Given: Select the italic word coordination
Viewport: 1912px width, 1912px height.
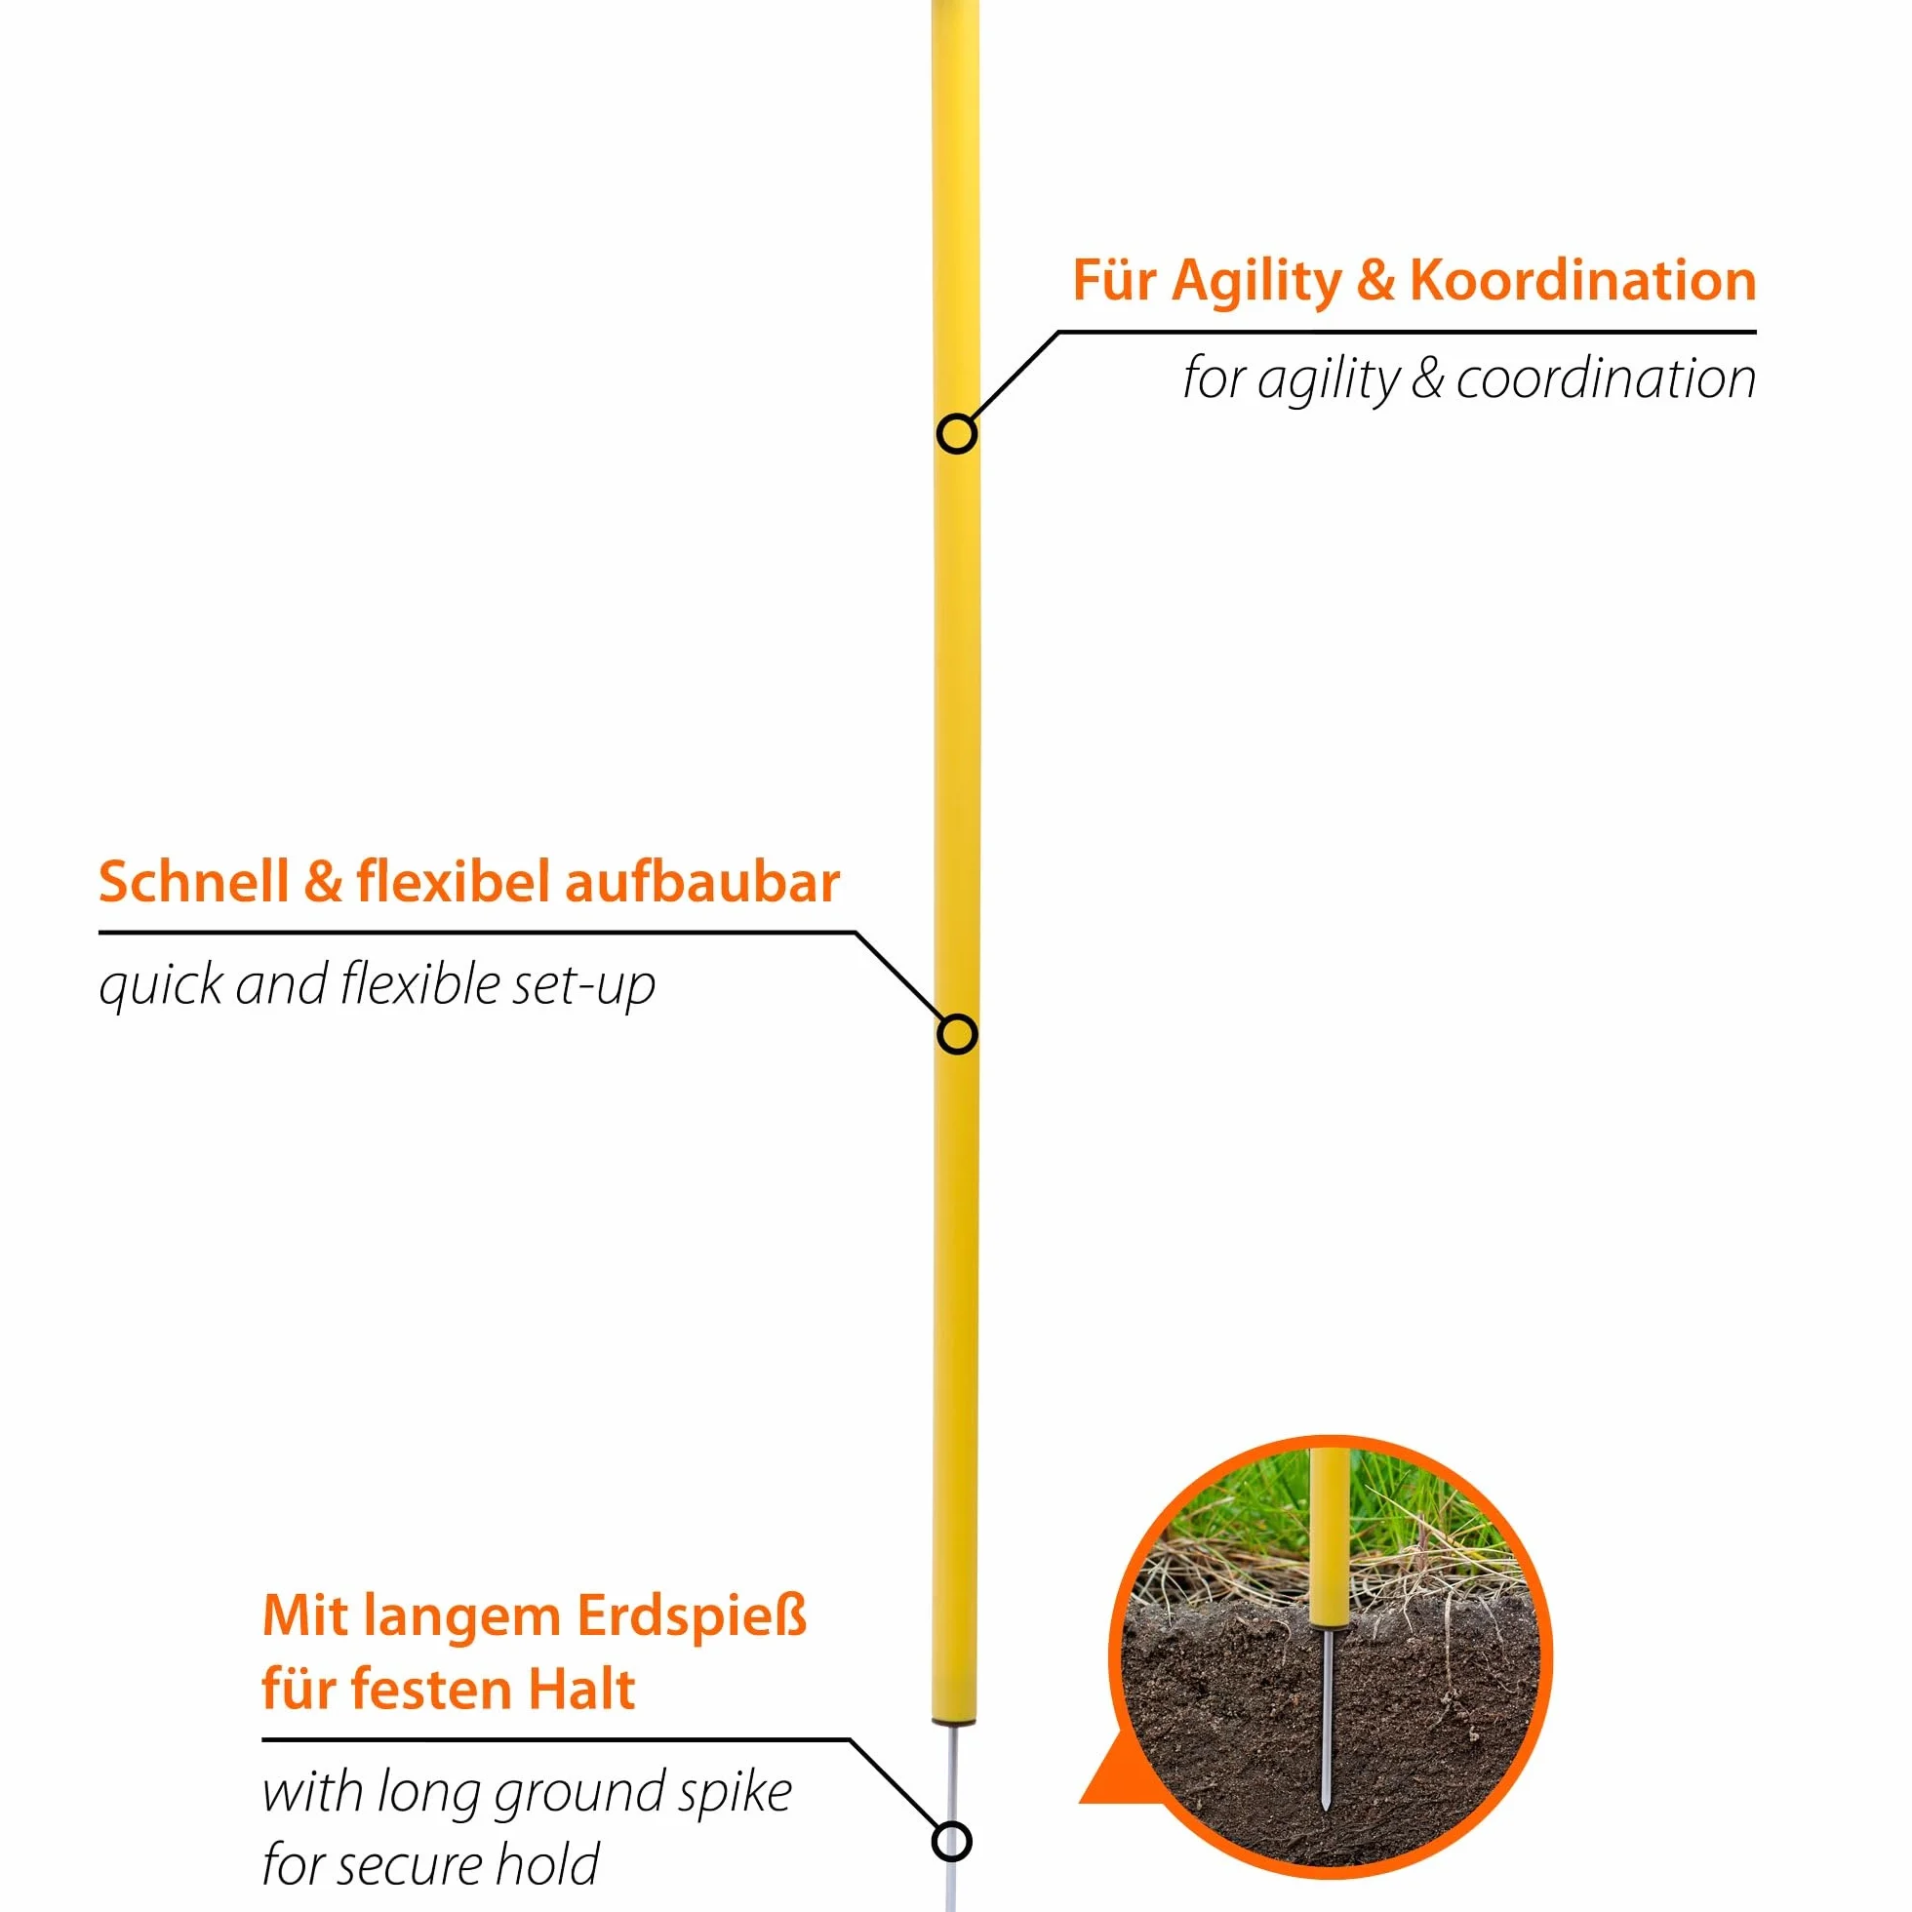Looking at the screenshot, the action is click(1606, 378).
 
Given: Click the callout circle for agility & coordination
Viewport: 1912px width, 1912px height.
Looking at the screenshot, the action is click(956, 433).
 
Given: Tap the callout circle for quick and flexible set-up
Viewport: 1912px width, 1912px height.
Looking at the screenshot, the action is click(956, 1034).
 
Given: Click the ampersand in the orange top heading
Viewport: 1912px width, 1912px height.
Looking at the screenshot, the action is click(1374, 281).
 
